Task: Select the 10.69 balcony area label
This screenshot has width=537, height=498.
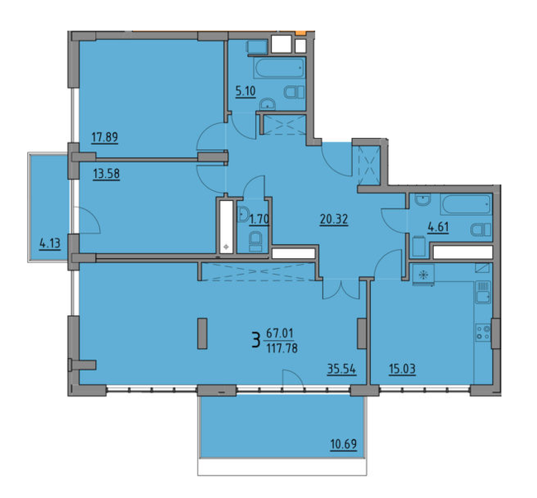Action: pyautogui.click(x=342, y=447)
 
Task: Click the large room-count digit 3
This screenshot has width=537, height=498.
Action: pyautogui.click(x=257, y=338)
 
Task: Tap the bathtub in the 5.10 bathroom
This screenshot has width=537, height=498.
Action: pyautogui.click(x=278, y=67)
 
